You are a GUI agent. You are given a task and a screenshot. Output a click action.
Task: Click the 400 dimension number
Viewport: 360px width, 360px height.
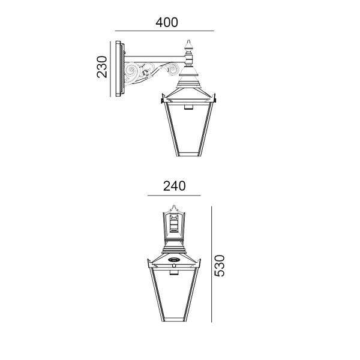167,23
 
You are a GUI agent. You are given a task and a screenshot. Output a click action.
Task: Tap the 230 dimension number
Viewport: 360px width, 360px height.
102,67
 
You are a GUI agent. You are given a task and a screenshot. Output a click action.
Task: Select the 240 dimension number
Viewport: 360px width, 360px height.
174,186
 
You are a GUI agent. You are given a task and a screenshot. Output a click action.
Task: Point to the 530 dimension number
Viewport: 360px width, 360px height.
219,265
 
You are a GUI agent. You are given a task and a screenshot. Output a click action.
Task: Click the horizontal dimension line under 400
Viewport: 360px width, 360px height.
164,31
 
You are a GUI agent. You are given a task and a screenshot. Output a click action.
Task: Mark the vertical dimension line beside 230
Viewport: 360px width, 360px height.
110,69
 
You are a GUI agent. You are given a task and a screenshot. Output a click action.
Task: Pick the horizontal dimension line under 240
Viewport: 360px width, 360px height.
174,196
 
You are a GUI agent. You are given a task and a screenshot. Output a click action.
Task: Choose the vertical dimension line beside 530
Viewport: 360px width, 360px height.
211,264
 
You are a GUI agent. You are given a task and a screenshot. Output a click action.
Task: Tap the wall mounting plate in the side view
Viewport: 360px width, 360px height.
120,68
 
